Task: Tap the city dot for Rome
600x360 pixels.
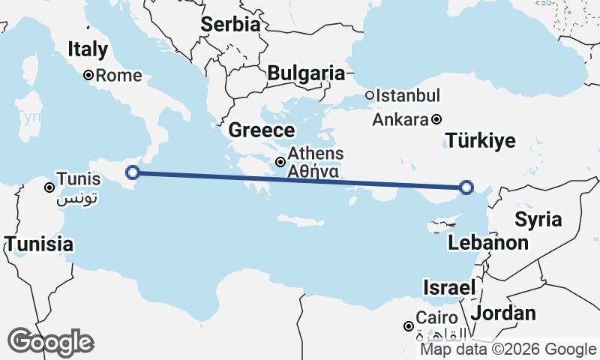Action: point(88,75)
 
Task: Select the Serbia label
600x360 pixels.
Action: point(230,24)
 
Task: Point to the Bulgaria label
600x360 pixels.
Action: point(306,73)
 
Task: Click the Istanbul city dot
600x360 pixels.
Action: point(370,95)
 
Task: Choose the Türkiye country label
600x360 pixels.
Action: point(480,140)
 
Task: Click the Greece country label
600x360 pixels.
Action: point(261,130)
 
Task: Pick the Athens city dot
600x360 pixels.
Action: point(280,161)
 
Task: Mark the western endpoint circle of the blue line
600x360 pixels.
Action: point(133,172)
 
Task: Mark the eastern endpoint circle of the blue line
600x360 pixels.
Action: point(466,187)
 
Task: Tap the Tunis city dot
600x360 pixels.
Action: point(49,187)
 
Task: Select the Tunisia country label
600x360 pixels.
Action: point(39,244)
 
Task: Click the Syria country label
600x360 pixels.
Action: point(538,220)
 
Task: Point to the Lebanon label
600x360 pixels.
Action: point(488,242)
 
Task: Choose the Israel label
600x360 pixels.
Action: point(450,287)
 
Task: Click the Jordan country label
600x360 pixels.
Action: point(504,313)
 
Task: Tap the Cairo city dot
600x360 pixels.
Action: point(408,326)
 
